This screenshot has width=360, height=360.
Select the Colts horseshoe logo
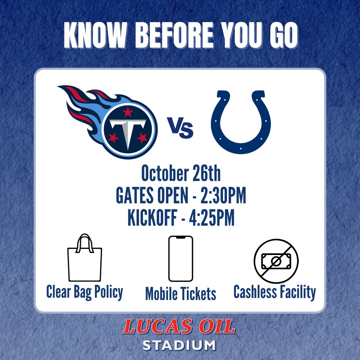pos(241,122)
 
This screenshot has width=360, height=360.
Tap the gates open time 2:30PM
pos(223,197)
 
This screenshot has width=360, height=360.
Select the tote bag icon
pos(85,259)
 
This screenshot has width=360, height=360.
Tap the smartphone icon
pos(181,259)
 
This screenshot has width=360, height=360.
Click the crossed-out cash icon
pos(276,261)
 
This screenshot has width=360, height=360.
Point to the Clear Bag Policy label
pos(85,292)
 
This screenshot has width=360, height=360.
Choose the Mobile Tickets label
pos(181,294)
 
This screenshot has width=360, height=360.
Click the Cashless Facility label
pos(275,292)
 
